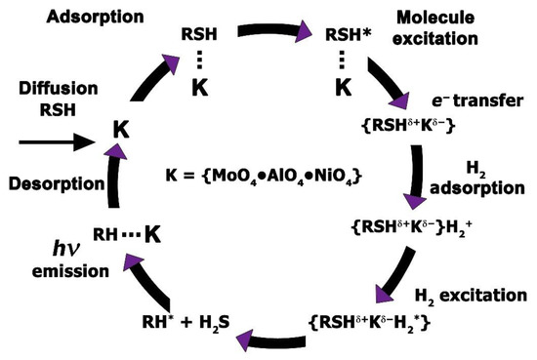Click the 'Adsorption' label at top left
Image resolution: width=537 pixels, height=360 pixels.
tap(59, 18)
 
